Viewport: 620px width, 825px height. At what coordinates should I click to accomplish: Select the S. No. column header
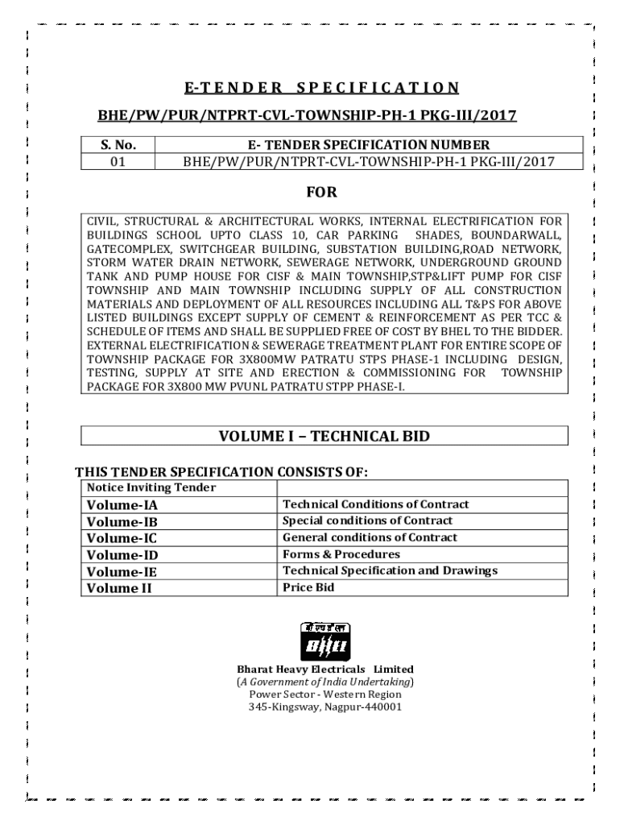pyautogui.click(x=118, y=145)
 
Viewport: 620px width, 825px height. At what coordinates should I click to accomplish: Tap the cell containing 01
pyautogui.click(x=118, y=161)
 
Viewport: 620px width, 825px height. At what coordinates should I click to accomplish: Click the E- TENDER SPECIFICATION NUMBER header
pyautogui.click(x=368, y=145)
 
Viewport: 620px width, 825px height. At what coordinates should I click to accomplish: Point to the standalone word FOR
pyautogui.click(x=321, y=193)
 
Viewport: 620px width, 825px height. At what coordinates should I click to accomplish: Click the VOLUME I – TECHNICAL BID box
pyautogui.click(x=324, y=437)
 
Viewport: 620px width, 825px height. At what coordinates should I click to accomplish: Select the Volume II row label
pyautogui.click(x=119, y=588)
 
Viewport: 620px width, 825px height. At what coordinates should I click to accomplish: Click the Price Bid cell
pyautogui.click(x=308, y=587)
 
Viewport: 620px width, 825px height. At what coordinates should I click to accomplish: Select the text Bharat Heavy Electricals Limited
pyautogui.click(x=324, y=670)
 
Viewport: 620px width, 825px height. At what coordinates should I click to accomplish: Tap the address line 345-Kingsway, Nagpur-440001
pyautogui.click(x=324, y=707)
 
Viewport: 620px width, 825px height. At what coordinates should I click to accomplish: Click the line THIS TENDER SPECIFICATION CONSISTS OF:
pyautogui.click(x=227, y=471)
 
